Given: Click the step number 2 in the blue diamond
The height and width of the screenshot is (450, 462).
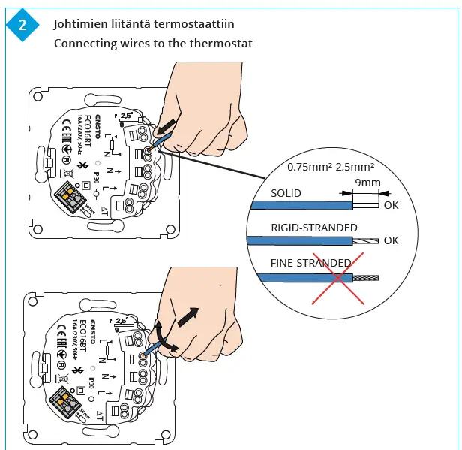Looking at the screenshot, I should pos(22,25).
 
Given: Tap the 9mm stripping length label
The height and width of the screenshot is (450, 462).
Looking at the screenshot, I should pos(368,182).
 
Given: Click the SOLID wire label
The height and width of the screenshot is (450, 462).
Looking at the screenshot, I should pos(286,193).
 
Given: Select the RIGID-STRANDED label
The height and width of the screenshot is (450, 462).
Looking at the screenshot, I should pos(313,228).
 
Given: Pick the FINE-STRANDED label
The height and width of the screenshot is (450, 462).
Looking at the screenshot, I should pos(310,263).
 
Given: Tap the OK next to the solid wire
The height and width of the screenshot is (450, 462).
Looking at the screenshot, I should pos(391,204).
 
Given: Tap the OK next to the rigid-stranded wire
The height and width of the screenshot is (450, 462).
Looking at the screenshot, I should pos(391,240).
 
